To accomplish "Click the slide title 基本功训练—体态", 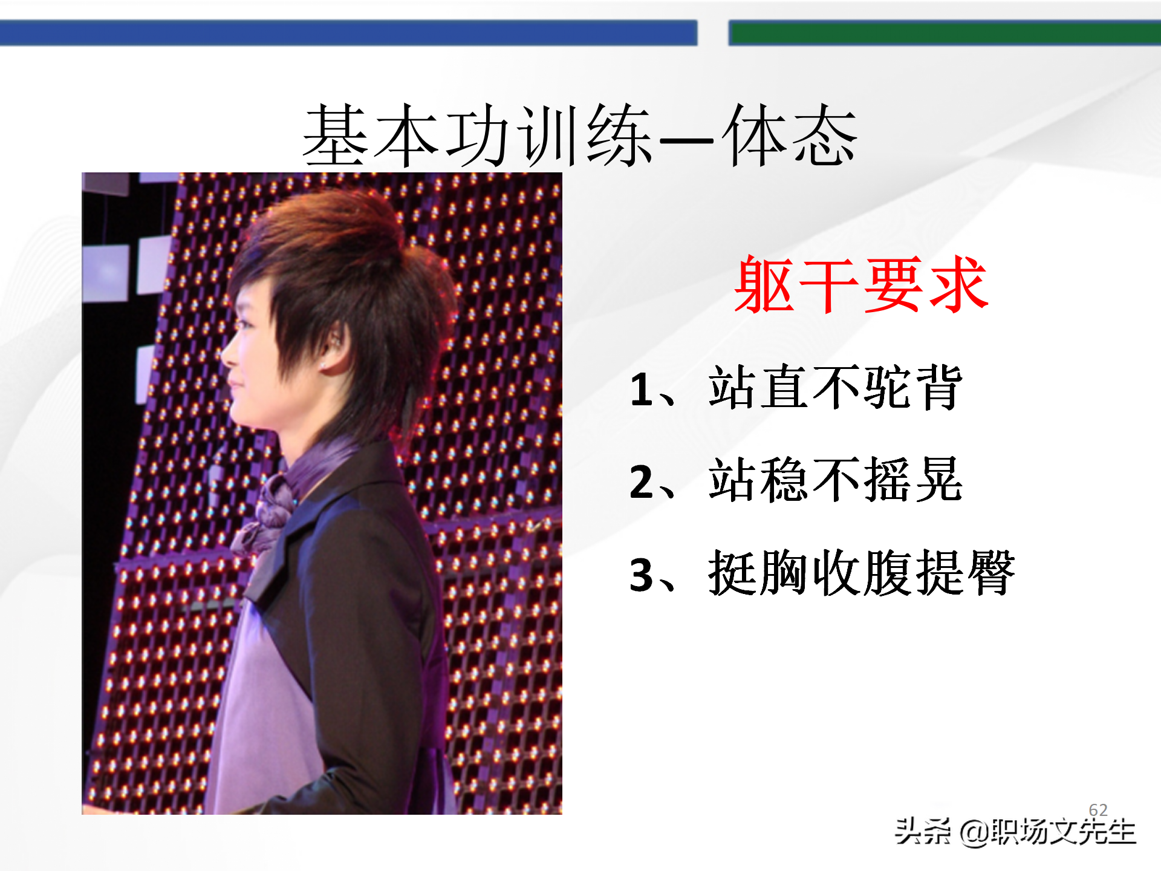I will [579, 135].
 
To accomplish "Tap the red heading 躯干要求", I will [861, 284].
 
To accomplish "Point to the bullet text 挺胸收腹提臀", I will [861, 573].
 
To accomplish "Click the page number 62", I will [1098, 810].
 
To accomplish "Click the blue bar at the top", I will [348, 33].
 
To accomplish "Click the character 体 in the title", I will [756, 135].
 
